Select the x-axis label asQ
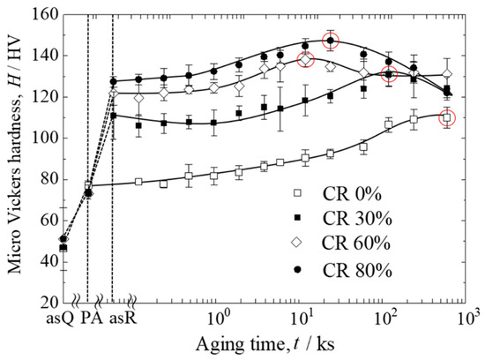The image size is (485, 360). [60, 319]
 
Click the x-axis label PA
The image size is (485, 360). [92, 318]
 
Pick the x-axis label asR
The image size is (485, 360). [123, 319]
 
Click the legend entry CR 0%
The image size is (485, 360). [338, 194]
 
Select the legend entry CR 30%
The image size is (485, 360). [342, 219]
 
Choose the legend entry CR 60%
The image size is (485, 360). [342, 243]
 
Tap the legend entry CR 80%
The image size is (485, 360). [342, 270]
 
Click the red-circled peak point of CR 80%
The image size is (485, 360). [331, 41]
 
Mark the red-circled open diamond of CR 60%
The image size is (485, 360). [306, 59]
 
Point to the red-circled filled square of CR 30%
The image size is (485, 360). [389, 74]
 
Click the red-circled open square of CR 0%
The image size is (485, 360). [447, 117]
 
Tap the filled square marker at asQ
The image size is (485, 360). [63, 248]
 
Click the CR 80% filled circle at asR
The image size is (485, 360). [113, 82]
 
